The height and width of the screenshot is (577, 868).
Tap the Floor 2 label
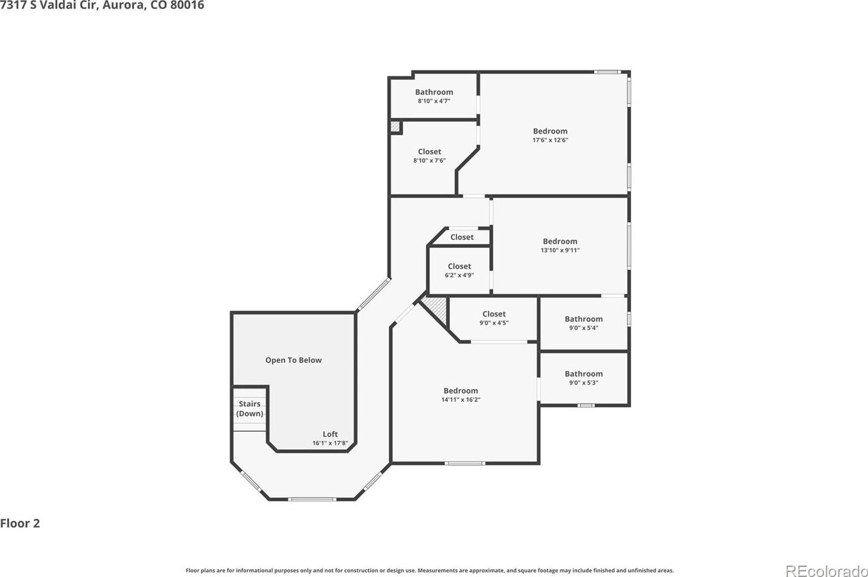pyautogui.click(x=20, y=523)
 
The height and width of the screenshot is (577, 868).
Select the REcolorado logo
pyautogui.click(x=826, y=570)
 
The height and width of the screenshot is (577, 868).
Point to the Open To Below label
pyautogui.click(x=294, y=360)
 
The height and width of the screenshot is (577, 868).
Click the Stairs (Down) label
pyautogui.click(x=250, y=409)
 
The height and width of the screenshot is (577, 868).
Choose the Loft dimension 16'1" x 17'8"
pyautogui.click(x=330, y=443)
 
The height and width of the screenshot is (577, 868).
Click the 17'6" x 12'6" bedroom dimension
pyautogui.click(x=550, y=140)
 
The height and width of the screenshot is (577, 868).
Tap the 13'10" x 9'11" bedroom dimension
pyautogui.click(x=560, y=250)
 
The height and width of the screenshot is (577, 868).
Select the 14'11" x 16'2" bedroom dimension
pyautogui.click(x=461, y=400)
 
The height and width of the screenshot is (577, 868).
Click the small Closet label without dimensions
pyautogui.click(x=462, y=237)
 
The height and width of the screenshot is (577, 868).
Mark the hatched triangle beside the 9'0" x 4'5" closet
pyautogui.click(x=437, y=309)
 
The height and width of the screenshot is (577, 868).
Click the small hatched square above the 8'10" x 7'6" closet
pyautogui.click(x=394, y=127)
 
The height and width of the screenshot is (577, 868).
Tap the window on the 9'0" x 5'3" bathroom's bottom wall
pyautogui.click(x=586, y=405)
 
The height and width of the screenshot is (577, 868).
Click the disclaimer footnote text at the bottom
pyautogui.click(x=430, y=570)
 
